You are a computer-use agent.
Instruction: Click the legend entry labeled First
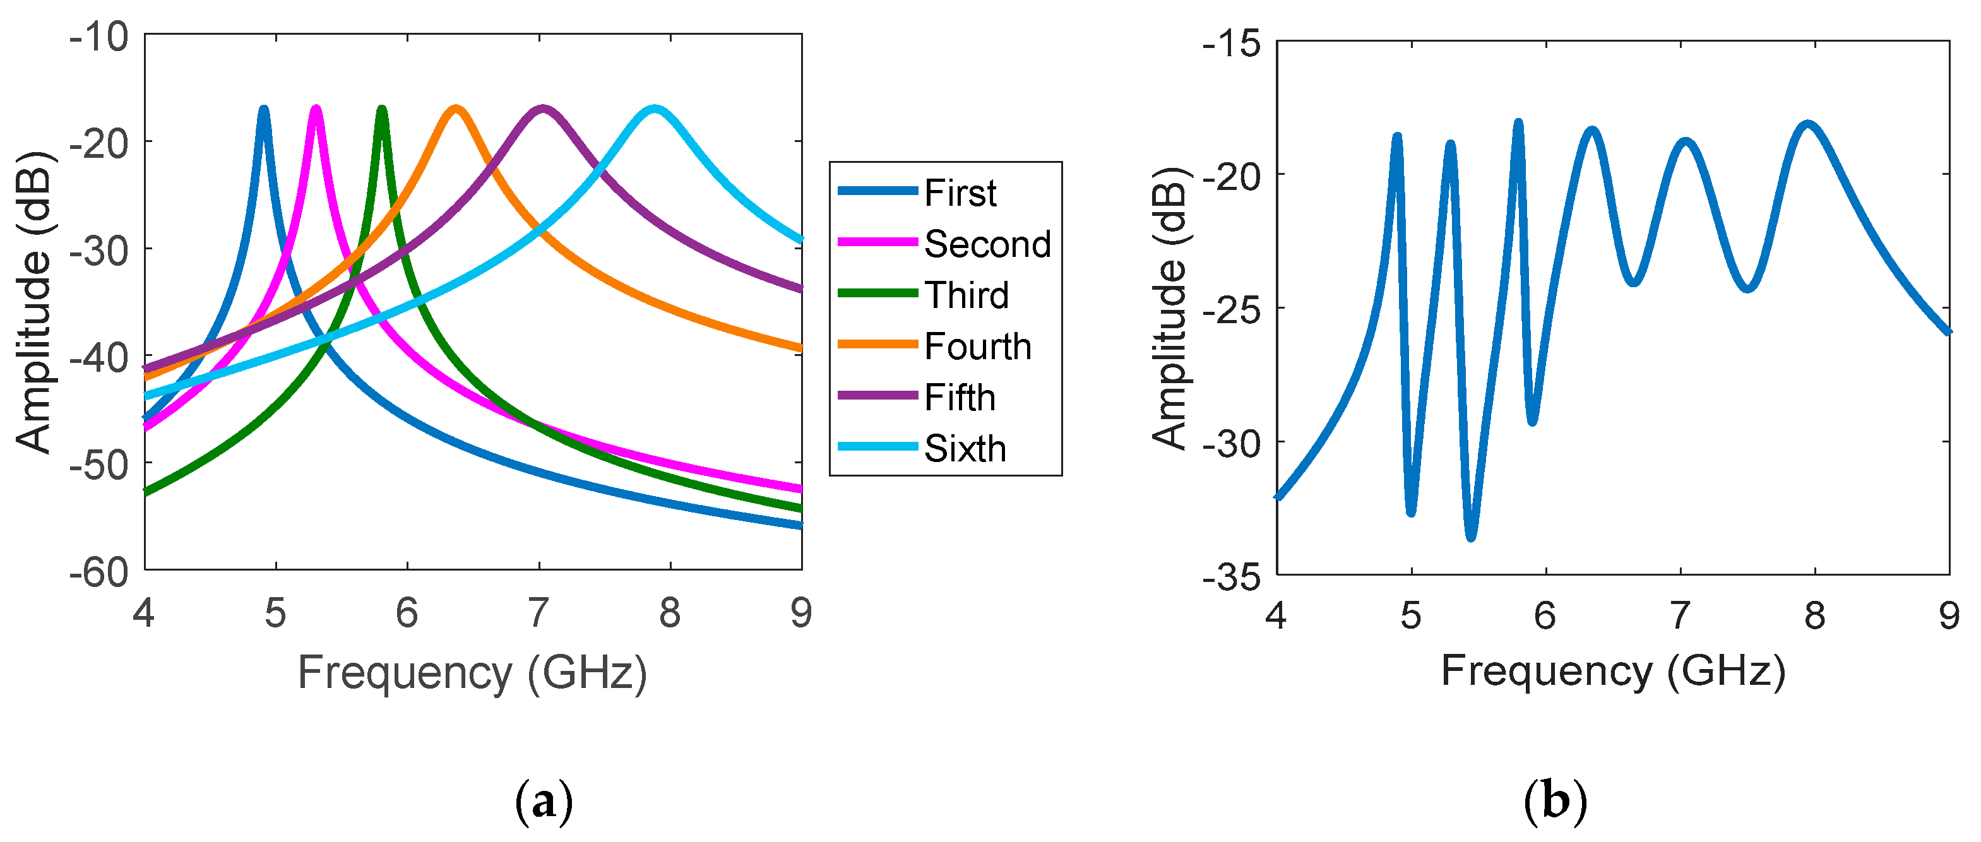960,193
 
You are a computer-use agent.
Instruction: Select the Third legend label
966,295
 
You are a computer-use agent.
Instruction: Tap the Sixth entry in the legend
965,448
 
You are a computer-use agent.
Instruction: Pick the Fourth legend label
977,346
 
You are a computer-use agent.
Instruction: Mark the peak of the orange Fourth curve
456,109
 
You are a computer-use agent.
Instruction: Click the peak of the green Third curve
381,110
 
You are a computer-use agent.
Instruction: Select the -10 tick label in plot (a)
98,37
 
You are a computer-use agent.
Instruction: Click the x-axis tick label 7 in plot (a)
538,613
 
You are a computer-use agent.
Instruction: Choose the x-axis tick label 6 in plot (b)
1545,615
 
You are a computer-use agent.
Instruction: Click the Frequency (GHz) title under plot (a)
472,673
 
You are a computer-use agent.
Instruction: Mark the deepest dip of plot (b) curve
1470,536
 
